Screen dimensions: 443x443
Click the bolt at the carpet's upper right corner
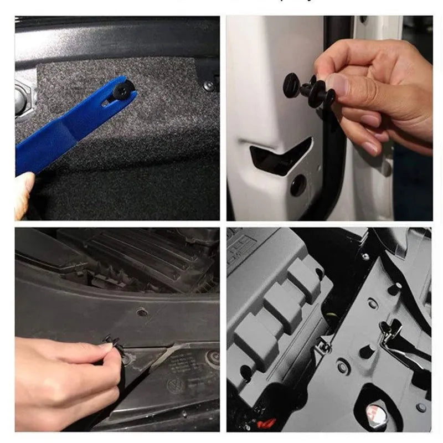point(208,85)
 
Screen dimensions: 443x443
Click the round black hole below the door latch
point(298,186)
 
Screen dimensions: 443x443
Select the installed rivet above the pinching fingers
point(142,312)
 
